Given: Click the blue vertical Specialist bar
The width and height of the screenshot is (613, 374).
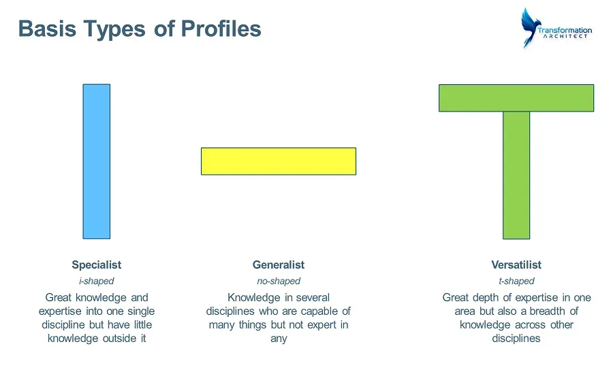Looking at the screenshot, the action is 97,161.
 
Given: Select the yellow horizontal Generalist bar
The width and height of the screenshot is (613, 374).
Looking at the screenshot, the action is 279,161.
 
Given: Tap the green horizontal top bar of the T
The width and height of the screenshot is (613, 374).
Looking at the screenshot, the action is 516,98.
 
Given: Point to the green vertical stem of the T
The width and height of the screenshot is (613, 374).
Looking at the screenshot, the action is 516,175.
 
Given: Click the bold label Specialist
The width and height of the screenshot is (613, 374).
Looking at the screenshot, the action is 97,265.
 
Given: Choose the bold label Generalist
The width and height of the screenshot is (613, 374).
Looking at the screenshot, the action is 279,265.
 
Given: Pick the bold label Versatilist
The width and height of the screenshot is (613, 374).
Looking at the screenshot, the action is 516,265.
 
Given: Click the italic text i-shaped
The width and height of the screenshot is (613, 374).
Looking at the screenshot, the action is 97,281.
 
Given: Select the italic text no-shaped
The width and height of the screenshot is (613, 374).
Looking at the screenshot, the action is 279,281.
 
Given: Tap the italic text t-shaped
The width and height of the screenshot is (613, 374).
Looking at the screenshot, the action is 516,281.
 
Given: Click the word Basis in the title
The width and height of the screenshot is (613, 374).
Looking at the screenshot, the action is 47,29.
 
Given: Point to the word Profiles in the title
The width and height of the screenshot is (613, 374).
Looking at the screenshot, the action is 221,29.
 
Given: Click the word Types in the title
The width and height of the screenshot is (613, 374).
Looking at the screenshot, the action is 114,29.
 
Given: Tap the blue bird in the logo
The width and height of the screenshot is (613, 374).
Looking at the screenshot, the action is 530,27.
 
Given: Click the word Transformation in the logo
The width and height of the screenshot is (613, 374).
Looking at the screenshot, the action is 565,30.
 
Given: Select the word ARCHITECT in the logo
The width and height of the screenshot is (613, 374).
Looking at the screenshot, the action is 565,36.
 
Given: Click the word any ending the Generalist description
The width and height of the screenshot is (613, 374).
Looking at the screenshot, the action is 279,339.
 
